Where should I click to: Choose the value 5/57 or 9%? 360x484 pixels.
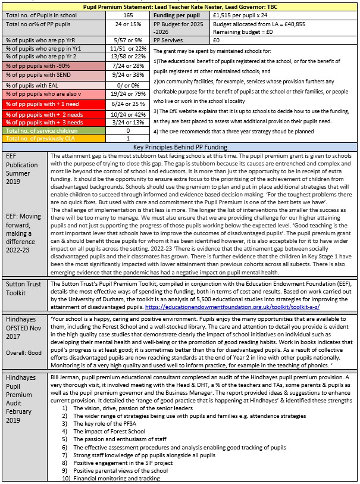click(x=128, y=40)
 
